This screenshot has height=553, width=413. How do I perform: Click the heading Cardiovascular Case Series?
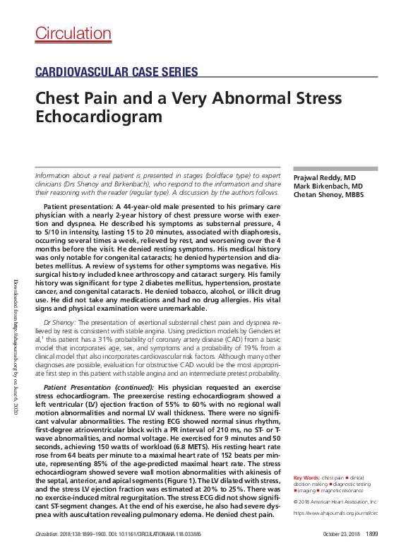(x=116, y=71)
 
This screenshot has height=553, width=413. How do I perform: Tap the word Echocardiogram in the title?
(x=99, y=115)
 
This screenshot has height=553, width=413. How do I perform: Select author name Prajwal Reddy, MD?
(x=325, y=177)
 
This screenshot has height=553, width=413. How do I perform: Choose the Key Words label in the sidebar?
(x=306, y=478)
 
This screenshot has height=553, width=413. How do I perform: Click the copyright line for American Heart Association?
(x=336, y=500)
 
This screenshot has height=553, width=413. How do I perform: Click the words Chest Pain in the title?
(x=70, y=98)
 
